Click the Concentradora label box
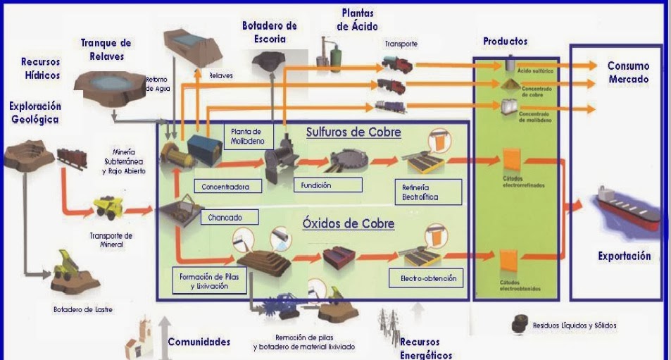(x=227, y=187)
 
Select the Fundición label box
(x=327, y=185)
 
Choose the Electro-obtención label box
(x=428, y=278)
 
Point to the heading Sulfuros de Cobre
(x=353, y=132)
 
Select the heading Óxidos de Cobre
(x=348, y=224)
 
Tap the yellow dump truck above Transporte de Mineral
(x=110, y=207)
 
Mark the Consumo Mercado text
(x=628, y=73)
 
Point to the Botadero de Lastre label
(x=82, y=309)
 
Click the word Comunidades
(x=199, y=342)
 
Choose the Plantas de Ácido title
(x=357, y=20)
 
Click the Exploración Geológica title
(x=35, y=113)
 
